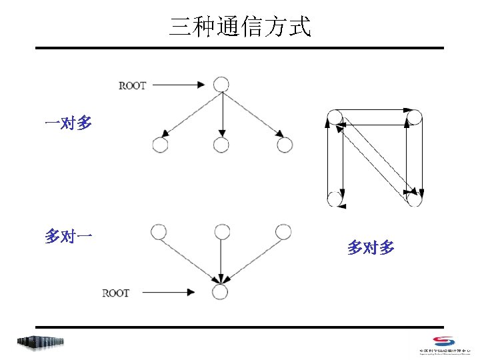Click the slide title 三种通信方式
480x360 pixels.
pyautogui.click(x=240, y=27)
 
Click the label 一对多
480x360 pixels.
pyautogui.click(x=68, y=123)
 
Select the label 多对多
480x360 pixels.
pyautogui.click(x=371, y=248)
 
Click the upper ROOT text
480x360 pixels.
pyautogui.click(x=132, y=85)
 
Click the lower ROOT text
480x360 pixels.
pyautogui.click(x=115, y=293)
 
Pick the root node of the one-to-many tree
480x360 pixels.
pyautogui.click(x=221, y=85)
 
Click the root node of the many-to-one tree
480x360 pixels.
pyautogui.click(x=220, y=292)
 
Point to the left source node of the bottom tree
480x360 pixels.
pyautogui.click(x=158, y=231)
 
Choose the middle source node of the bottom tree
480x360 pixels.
pyautogui.click(x=221, y=231)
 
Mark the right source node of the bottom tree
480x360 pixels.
pyautogui.click(x=283, y=231)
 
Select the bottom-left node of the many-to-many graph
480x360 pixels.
pyautogui.click(x=335, y=199)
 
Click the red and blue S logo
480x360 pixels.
pyautogui.click(x=443, y=341)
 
